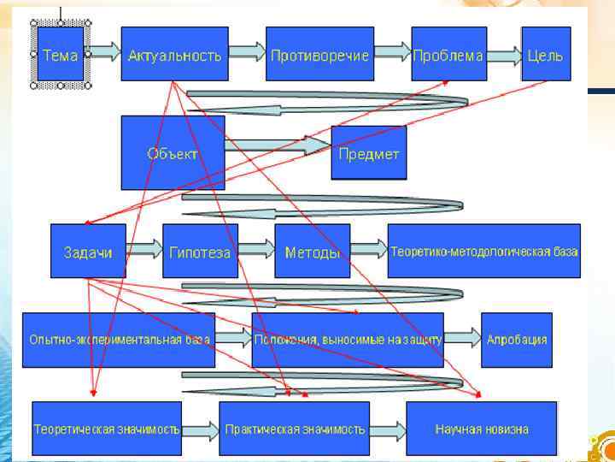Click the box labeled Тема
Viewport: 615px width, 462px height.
coord(60,55)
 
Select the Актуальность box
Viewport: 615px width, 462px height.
coord(174,55)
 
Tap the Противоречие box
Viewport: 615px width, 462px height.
coord(319,55)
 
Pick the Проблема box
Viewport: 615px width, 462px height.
coord(448,55)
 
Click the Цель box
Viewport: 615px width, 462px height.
coord(546,55)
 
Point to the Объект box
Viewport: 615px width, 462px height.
coord(173,153)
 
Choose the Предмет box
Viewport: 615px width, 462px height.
coord(368,153)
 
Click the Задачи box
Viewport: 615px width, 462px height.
coord(88,252)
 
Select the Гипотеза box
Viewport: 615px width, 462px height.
coord(200,252)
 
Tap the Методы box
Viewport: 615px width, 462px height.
coord(312,252)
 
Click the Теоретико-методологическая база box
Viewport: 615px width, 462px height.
coord(483,252)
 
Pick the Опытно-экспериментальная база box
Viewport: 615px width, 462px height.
coord(119,340)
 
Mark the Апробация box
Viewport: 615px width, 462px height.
coord(517,340)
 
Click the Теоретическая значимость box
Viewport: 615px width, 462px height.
coord(107,428)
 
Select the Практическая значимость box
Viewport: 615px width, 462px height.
coord(295,428)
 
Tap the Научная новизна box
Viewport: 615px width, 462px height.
coord(482,428)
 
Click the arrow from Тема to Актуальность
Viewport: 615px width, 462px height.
coord(102,53)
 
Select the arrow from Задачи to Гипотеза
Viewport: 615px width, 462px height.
coord(143,249)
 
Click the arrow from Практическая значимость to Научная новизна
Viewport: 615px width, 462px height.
coord(388,427)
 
